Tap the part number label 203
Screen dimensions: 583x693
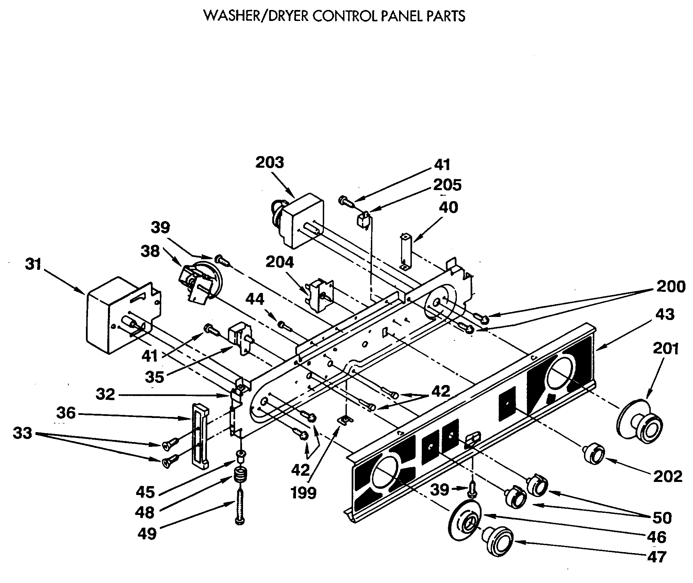[x=270, y=163]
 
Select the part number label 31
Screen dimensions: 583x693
[x=33, y=265]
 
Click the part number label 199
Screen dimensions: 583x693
[x=304, y=493]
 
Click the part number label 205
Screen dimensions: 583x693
[x=447, y=185]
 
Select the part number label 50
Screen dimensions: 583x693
[x=662, y=518]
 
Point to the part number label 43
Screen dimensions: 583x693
[x=665, y=315]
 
